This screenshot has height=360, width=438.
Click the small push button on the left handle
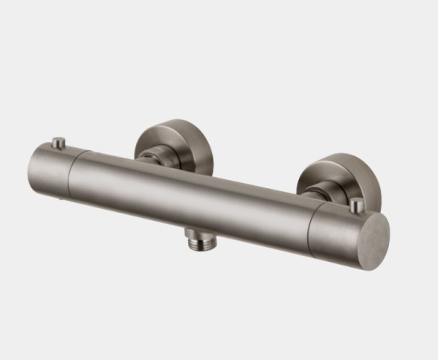(58, 141)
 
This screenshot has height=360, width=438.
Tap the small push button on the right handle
(357, 203)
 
